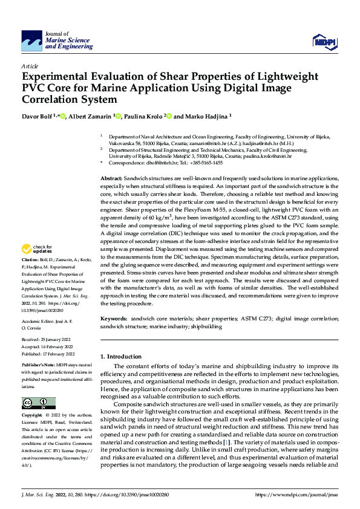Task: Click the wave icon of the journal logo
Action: click(32, 41)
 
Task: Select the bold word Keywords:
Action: click(114, 318)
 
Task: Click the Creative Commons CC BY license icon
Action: click(38, 403)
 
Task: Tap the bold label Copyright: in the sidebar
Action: click(33, 416)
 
